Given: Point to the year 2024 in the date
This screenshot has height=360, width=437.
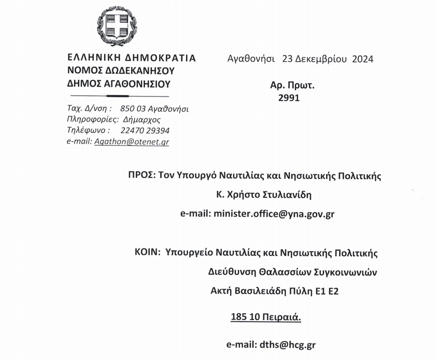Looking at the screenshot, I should click(x=362, y=59).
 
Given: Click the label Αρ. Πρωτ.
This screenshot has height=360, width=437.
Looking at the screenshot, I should click(x=292, y=85).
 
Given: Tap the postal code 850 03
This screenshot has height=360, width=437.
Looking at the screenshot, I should click(x=132, y=109).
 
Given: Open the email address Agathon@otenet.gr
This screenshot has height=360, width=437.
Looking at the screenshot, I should click(x=132, y=142).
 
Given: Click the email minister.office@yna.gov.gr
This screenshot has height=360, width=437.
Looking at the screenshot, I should click(x=273, y=214).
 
